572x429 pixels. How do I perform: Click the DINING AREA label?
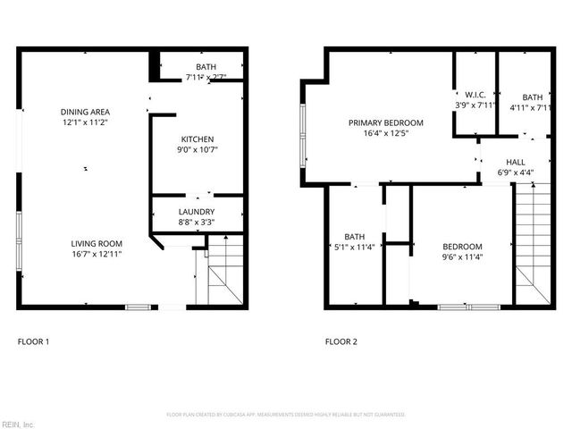click(x=85, y=112)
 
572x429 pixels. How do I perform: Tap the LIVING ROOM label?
click(x=97, y=243)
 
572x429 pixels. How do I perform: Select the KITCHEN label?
click(x=197, y=139)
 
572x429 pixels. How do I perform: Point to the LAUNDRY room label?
click(x=197, y=212)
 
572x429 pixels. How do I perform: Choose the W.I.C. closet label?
click(x=474, y=95)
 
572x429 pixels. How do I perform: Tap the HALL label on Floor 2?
click(x=515, y=162)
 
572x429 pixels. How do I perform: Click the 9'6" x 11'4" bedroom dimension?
click(x=462, y=257)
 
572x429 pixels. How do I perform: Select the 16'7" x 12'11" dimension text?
click(x=97, y=254)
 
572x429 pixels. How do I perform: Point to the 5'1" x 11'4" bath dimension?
click(x=354, y=248)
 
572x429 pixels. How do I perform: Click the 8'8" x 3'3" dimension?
click(x=197, y=223)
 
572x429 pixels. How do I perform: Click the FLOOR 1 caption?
click(x=34, y=341)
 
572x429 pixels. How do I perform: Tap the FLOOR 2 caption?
click(x=341, y=341)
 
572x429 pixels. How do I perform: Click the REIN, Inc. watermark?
click(x=17, y=424)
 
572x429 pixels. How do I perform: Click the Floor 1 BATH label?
click(x=206, y=67)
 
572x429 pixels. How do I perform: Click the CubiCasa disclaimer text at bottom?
click(x=286, y=415)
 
